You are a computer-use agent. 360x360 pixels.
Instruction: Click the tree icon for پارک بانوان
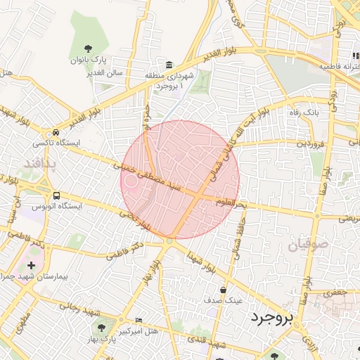click(88, 48)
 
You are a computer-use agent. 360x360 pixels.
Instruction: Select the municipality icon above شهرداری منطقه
click(170, 63)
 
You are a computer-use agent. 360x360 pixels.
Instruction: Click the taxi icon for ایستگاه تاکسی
click(55, 133)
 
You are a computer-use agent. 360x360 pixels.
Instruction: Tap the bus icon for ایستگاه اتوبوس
click(56, 196)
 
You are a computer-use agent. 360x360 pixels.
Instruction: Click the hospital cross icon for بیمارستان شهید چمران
click(30, 266)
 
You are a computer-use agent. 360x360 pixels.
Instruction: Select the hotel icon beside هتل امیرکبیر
click(138, 320)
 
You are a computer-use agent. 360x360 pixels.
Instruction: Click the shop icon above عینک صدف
click(224, 290)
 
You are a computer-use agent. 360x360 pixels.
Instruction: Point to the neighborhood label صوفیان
click(307, 245)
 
